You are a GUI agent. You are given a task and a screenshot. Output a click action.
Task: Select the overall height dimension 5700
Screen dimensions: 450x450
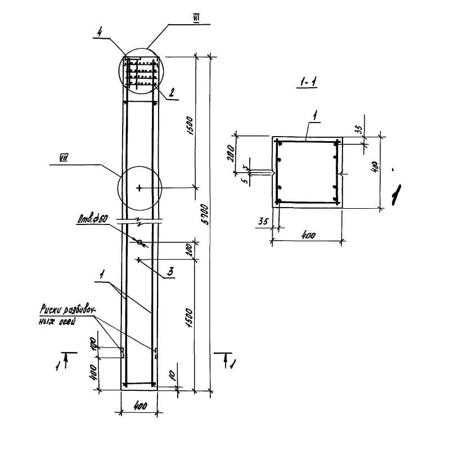pos(206,214)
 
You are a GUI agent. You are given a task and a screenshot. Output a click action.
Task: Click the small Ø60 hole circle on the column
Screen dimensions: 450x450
pos(139,244)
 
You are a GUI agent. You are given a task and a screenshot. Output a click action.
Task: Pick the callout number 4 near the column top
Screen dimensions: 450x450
pos(99,33)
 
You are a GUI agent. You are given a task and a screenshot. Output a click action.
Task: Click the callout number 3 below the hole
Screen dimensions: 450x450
pos(170,272)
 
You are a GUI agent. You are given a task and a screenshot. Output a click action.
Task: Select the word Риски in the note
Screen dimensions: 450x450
pos(53,309)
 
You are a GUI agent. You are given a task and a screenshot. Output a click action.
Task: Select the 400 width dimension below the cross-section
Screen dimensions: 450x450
pos(307,237)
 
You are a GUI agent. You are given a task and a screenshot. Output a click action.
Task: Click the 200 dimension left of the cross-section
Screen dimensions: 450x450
pos(231,152)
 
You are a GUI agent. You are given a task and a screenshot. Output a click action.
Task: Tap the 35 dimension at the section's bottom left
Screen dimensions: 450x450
pos(263,222)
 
